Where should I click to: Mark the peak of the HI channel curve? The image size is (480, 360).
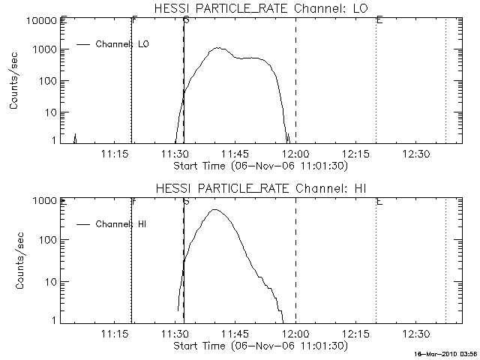[x=216, y=210]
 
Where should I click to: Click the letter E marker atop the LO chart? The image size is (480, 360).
[x=379, y=20]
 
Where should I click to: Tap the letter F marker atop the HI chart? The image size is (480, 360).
[x=134, y=201]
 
